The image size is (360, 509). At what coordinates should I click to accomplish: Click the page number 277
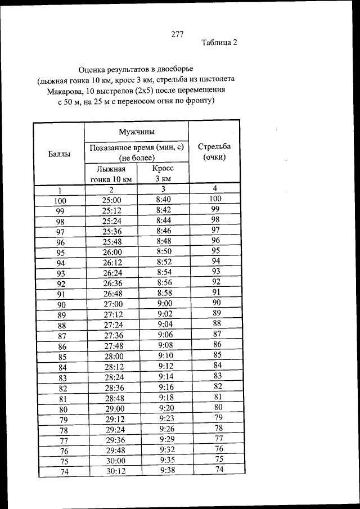[178, 34]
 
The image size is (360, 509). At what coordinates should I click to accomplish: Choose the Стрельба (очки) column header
[214, 151]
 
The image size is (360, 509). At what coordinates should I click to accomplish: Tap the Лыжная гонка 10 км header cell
[111, 174]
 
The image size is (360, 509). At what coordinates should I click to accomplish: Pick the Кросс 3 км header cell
[163, 173]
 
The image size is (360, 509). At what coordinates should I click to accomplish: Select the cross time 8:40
[164, 199]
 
